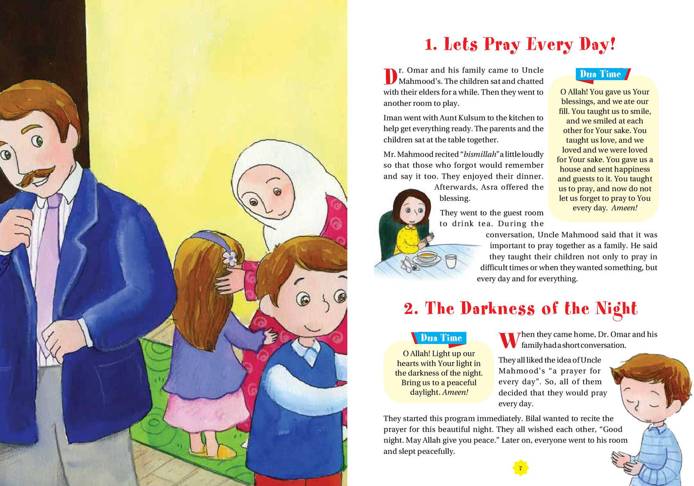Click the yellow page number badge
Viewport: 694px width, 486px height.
tap(520, 468)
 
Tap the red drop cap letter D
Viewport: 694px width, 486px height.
tap(390, 77)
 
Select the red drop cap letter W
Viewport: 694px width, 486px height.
tap(509, 340)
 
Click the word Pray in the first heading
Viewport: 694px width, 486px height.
tap(502, 45)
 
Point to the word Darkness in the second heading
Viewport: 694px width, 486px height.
tap(497, 309)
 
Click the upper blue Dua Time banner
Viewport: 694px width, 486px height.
tap(602, 74)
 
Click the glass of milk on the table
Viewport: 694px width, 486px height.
tap(450, 261)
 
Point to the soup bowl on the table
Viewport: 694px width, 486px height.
tap(426, 258)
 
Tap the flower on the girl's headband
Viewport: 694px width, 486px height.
tap(231, 258)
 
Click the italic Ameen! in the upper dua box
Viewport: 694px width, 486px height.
tap(624, 208)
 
